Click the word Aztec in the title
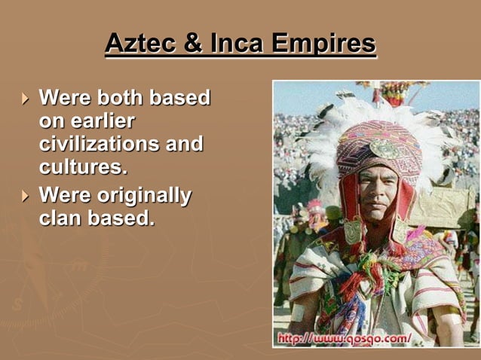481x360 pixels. [x=140, y=44]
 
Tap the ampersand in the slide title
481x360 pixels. [x=194, y=44]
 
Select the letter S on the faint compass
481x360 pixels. [x=16, y=305]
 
